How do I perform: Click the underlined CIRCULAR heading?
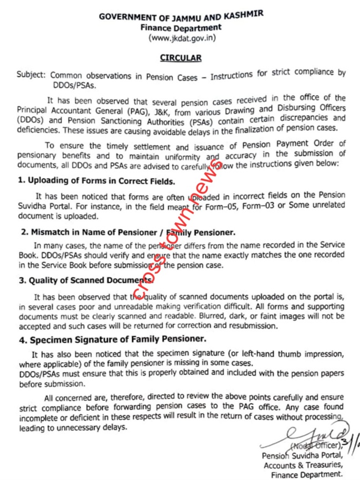(x=181, y=58)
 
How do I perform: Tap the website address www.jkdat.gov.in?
(x=181, y=38)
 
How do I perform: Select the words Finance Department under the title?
(x=181, y=28)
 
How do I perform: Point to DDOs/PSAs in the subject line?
(x=69, y=84)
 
